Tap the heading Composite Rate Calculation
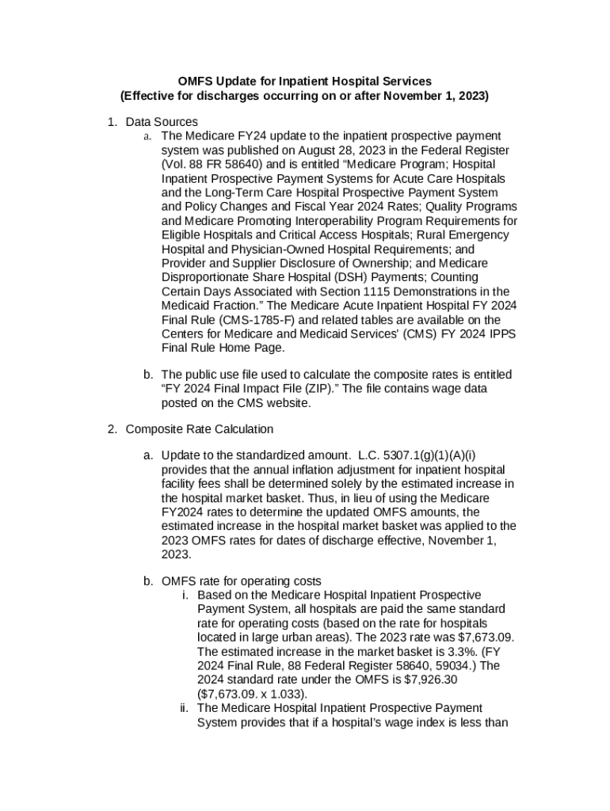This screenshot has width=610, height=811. pyautogui.click(x=199, y=429)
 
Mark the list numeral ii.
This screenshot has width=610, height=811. pyautogui.click(x=185, y=708)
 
